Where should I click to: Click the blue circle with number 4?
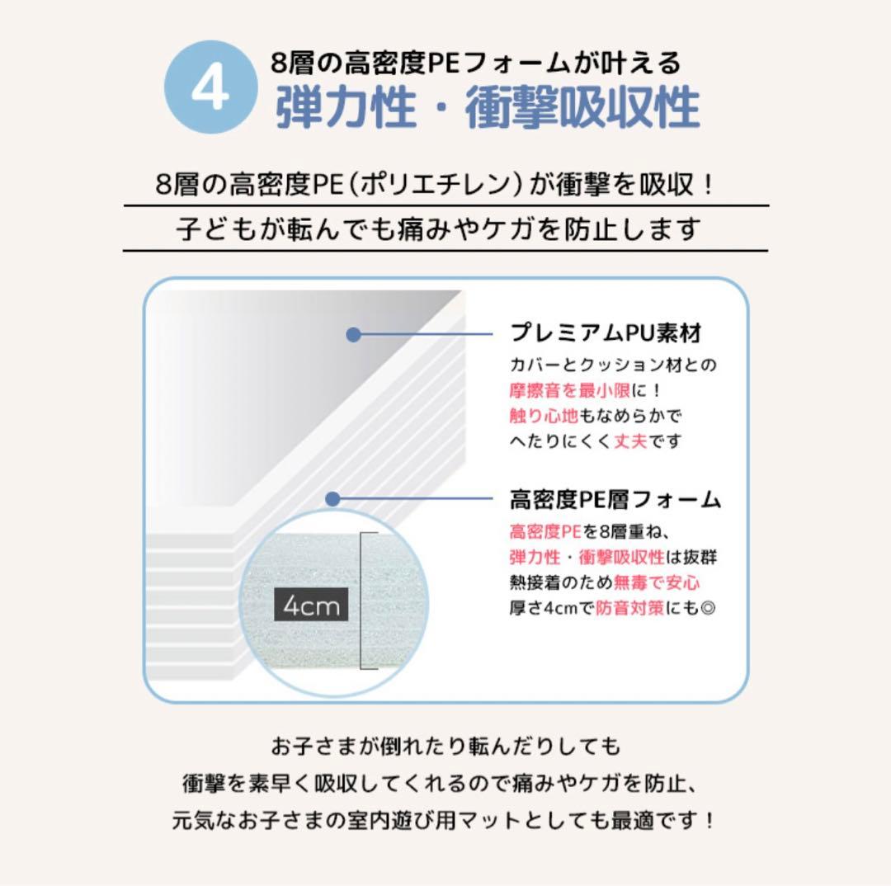(210, 90)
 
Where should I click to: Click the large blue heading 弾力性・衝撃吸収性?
(487, 108)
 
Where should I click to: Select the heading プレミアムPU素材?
(606, 333)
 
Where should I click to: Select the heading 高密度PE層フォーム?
(615, 499)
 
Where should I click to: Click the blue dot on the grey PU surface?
(353, 334)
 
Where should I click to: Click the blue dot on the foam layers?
(332, 499)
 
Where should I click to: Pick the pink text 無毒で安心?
(657, 582)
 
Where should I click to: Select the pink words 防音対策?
(629, 609)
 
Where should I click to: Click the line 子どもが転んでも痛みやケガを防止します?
(438, 229)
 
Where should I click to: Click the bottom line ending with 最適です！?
(445, 821)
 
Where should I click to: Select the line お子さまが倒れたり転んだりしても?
(445, 747)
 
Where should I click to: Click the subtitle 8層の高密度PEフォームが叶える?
(476, 62)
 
